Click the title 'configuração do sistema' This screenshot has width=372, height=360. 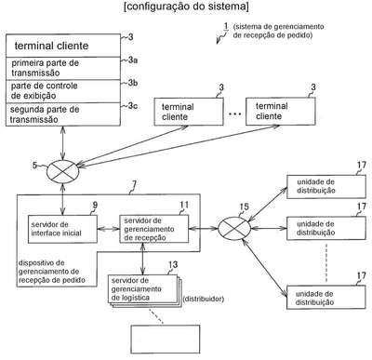[x=186, y=7]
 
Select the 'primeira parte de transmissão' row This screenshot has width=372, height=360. [x=63, y=68]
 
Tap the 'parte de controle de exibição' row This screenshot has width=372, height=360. [x=63, y=91]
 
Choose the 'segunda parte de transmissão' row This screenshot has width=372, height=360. [x=63, y=114]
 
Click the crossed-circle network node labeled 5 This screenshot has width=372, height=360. [x=63, y=170]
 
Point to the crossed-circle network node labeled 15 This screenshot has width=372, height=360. [x=234, y=229]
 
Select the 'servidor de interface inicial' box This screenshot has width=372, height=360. [x=62, y=229]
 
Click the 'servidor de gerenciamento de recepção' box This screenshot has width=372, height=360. [x=154, y=229]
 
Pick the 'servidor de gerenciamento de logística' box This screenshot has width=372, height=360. [x=143, y=289]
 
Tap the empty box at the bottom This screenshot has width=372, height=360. [x=166, y=340]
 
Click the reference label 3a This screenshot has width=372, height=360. [x=133, y=60]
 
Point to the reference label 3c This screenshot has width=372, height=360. [x=133, y=106]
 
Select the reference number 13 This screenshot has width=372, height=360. [x=173, y=264]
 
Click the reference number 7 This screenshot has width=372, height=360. [x=134, y=185]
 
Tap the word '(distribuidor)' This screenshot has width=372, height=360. [x=204, y=300]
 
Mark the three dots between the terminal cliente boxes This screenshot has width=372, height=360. [x=234, y=114]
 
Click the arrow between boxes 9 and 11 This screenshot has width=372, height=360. [x=109, y=229]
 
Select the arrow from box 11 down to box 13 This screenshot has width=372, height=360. [x=142, y=259]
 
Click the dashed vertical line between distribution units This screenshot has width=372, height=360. [x=326, y=263]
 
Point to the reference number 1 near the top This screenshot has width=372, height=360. [x=226, y=26]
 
